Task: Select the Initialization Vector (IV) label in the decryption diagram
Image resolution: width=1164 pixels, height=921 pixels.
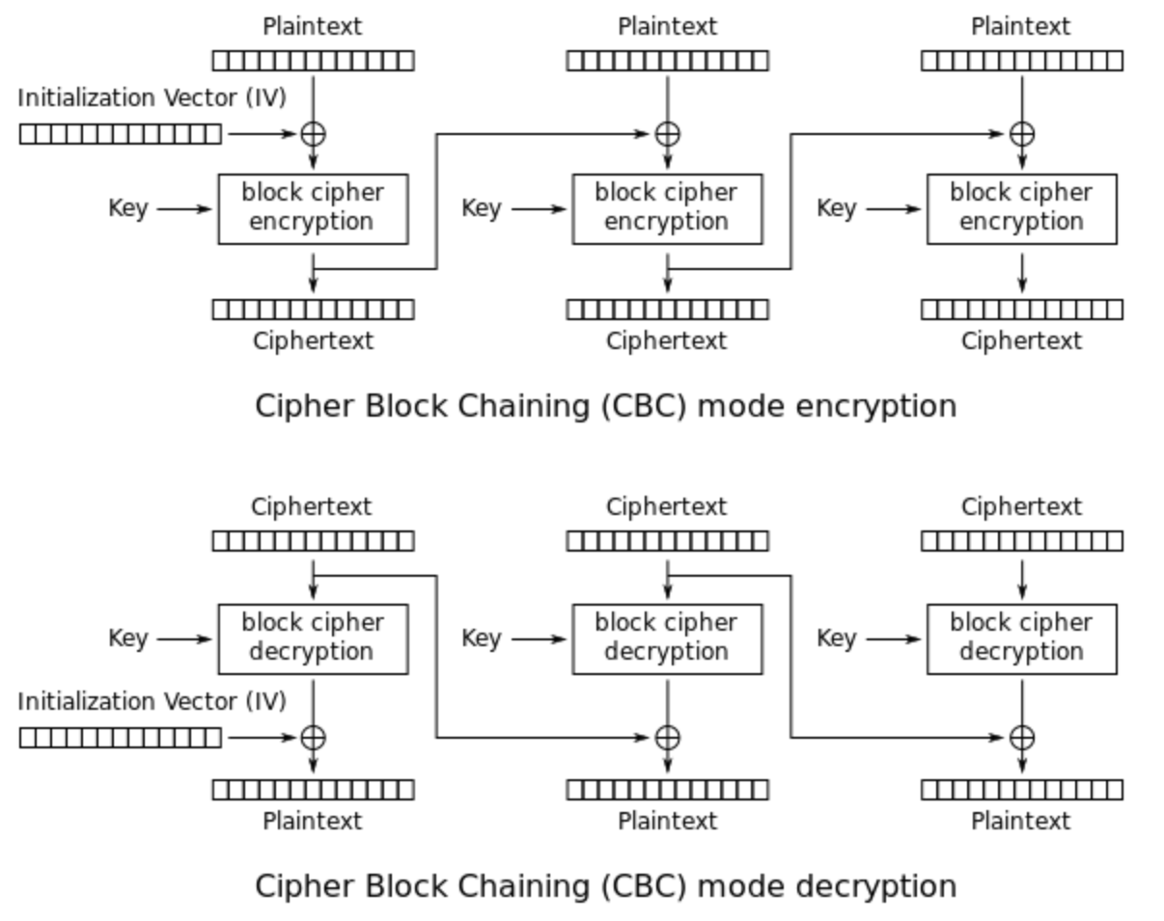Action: click(x=152, y=701)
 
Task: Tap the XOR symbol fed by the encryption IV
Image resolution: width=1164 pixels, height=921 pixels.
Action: click(x=313, y=134)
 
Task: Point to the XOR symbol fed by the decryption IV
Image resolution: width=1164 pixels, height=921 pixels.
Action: click(x=313, y=738)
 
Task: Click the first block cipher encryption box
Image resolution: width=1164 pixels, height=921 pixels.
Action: click(x=313, y=208)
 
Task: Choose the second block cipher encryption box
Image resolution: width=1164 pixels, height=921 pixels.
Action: click(x=667, y=208)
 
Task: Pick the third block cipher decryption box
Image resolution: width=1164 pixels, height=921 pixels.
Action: click(x=1021, y=638)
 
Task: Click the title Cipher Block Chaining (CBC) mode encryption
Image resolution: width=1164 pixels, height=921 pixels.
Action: click(x=605, y=406)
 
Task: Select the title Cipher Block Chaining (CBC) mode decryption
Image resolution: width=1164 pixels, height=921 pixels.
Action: click(x=605, y=885)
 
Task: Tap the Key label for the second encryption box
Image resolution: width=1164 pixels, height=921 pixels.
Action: click(x=481, y=208)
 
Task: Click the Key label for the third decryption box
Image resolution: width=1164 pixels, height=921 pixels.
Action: click(x=836, y=638)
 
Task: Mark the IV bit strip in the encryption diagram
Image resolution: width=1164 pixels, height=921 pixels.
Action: click(x=120, y=134)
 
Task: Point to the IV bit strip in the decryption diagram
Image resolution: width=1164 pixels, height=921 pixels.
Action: click(x=120, y=738)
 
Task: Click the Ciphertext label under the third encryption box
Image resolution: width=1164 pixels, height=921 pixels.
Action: click(x=1021, y=340)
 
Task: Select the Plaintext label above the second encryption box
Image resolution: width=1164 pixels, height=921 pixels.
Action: click(x=667, y=27)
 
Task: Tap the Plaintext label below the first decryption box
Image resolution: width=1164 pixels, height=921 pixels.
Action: click(x=313, y=821)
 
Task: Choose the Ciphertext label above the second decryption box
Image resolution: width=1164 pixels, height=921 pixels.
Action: click(x=667, y=506)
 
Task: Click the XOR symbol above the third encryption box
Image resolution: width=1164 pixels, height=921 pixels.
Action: click(x=1022, y=134)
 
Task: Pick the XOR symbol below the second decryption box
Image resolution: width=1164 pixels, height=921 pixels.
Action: click(x=667, y=738)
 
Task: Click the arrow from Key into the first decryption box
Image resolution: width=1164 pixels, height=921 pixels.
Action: click(x=183, y=638)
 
